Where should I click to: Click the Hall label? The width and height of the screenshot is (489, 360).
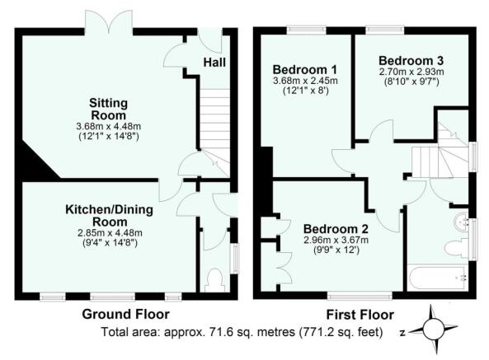214,63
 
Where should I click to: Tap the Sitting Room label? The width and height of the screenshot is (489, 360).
108,109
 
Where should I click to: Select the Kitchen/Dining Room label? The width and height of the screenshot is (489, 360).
109,216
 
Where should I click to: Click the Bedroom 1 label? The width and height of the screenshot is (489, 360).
305,69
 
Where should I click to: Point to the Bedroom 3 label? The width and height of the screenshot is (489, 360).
411,60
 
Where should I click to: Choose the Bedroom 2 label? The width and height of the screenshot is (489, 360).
336,229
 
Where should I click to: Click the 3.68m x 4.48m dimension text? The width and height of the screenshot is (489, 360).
109,126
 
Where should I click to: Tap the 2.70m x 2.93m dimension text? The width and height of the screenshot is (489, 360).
411,72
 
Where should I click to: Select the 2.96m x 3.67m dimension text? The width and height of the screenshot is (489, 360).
336,240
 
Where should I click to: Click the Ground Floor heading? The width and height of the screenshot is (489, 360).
125,314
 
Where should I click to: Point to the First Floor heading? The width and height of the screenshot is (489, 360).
360,315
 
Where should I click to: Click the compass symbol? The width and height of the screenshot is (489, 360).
433,330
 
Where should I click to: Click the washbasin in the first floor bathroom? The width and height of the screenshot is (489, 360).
461,222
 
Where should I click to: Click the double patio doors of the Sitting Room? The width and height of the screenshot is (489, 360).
109,21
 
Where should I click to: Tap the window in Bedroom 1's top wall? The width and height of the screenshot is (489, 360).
306,30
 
